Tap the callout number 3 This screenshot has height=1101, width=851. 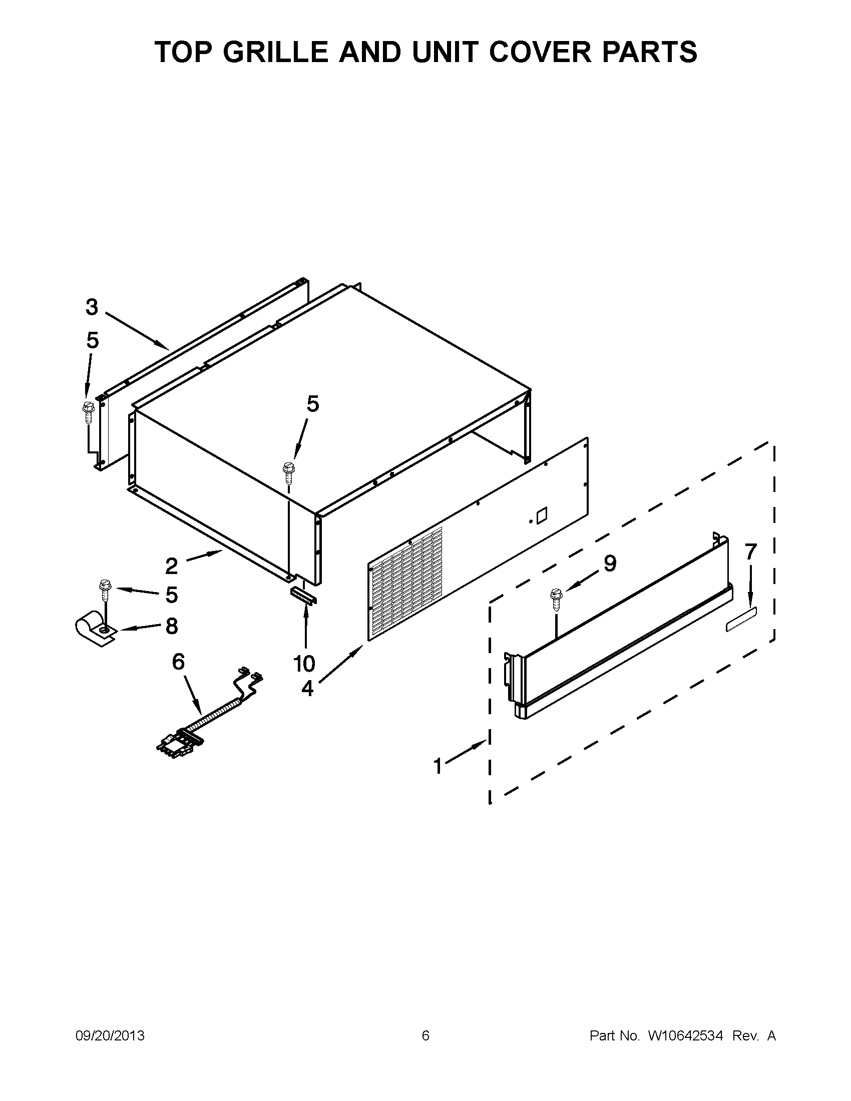[x=91, y=306]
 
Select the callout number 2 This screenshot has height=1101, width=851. [x=171, y=567]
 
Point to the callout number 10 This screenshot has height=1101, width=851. [x=304, y=664]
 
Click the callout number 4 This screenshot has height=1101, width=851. [x=307, y=688]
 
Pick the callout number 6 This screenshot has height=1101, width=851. [x=179, y=662]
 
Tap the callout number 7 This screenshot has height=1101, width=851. [x=751, y=552]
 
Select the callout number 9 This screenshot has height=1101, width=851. [x=610, y=563]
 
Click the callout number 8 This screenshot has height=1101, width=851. [x=171, y=626]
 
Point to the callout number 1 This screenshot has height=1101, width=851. [x=438, y=767]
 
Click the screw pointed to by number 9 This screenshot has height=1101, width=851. [x=556, y=600]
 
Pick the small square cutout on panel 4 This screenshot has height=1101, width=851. [x=541, y=515]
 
